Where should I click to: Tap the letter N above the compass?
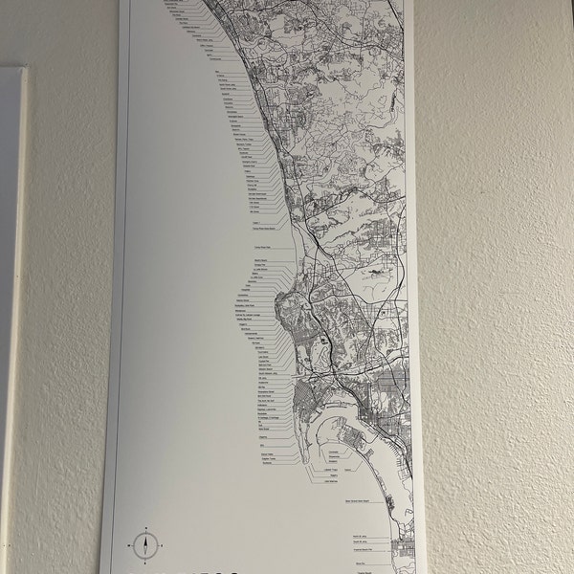tap(144, 529)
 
